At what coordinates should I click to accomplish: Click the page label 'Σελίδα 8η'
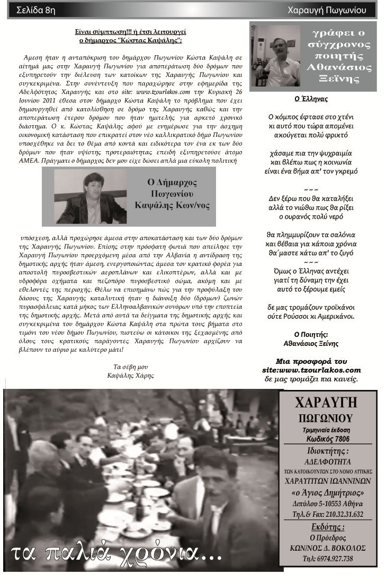[x=36, y=10]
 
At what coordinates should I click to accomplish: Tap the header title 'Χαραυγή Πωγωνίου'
[x=331, y=10]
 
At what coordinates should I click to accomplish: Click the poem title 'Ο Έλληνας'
[x=311, y=99]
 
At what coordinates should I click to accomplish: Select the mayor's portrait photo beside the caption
[x=91, y=197]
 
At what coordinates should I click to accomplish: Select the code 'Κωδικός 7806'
[x=327, y=439]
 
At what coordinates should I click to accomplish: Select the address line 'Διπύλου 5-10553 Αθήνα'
[x=327, y=503]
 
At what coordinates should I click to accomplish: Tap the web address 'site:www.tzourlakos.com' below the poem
[x=311, y=370]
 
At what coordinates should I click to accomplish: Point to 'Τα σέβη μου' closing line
[x=130, y=367]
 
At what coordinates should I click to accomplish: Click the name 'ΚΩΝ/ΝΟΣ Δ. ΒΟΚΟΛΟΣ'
[x=327, y=548]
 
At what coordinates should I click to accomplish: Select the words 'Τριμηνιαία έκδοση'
[x=327, y=430]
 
